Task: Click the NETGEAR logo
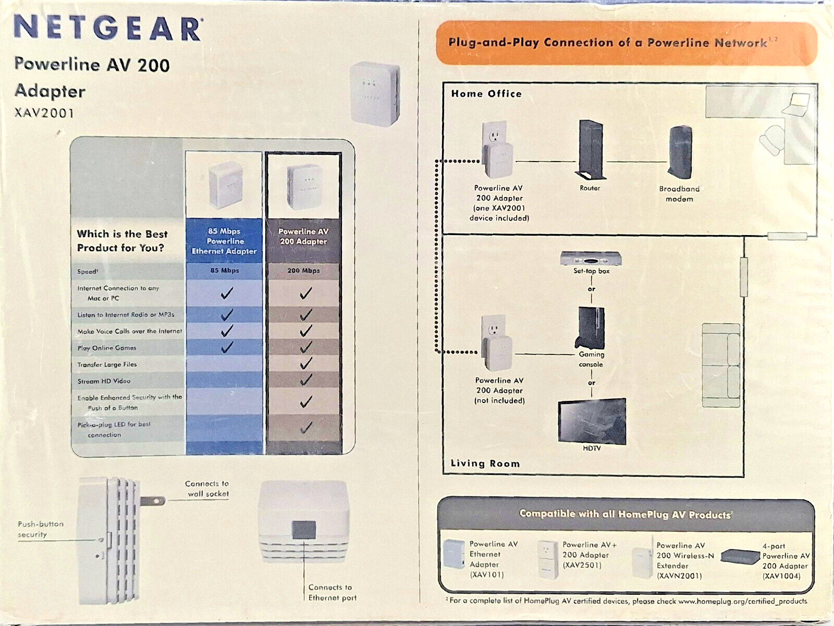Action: [108, 28]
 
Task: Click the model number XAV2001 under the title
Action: [44, 113]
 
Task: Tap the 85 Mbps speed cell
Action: [225, 271]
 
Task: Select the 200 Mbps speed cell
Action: [303, 271]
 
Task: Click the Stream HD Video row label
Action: [104, 381]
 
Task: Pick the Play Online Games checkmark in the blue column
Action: [226, 347]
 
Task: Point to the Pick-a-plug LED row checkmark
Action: [306, 428]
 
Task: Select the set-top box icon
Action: [591, 259]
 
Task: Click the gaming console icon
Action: [591, 327]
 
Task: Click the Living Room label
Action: [485, 463]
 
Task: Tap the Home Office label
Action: [486, 94]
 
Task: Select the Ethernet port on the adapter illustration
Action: [304, 529]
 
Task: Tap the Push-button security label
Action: [40, 529]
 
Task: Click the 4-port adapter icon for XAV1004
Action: [740, 557]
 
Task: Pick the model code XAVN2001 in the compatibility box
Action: [679, 576]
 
